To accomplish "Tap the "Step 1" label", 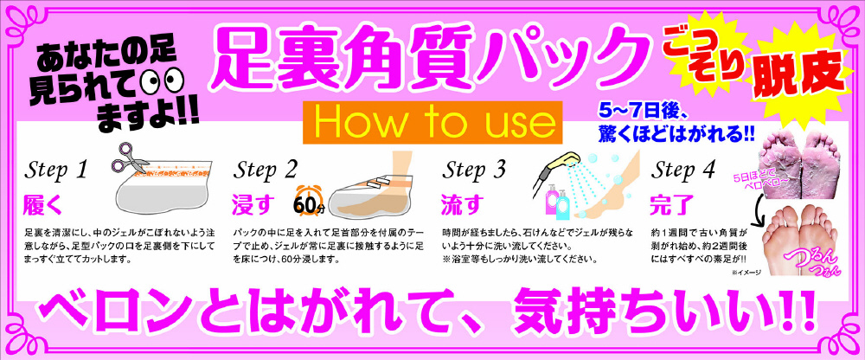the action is pyautogui.click(x=55, y=171).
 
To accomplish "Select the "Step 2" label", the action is pyautogui.click(x=264, y=170).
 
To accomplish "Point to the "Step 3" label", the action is pyautogui.click(x=473, y=170).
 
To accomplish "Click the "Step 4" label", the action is pyautogui.click(x=682, y=170).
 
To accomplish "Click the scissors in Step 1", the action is pyautogui.click(x=131, y=157).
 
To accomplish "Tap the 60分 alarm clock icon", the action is pyautogui.click(x=309, y=199).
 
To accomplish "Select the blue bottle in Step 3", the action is pyautogui.click(x=563, y=205).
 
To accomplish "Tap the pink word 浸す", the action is pyautogui.click(x=252, y=205).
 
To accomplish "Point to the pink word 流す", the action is pyautogui.click(x=460, y=205).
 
